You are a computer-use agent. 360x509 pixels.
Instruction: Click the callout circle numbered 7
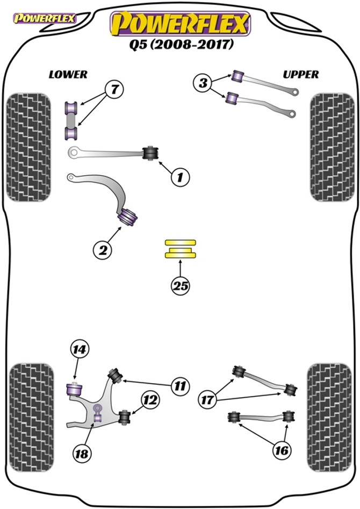[113, 89]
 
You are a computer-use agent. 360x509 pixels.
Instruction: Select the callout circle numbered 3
[203, 83]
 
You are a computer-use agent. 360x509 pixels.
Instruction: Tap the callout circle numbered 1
[180, 176]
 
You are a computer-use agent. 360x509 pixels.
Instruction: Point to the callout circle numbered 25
[181, 286]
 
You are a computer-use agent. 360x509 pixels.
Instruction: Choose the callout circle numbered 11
[180, 385]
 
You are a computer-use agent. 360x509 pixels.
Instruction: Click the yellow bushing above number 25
[181, 249]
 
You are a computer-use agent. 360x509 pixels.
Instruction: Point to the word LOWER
[68, 75]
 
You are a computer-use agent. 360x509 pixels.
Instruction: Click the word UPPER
[301, 75]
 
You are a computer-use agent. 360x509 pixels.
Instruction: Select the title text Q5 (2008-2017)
[180, 45]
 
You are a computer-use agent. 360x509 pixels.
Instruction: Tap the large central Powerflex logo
[180, 23]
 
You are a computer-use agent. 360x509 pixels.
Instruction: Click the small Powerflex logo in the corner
[45, 18]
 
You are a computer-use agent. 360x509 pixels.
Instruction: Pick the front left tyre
[28, 147]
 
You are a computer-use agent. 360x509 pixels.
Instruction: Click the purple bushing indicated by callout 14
[73, 388]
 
